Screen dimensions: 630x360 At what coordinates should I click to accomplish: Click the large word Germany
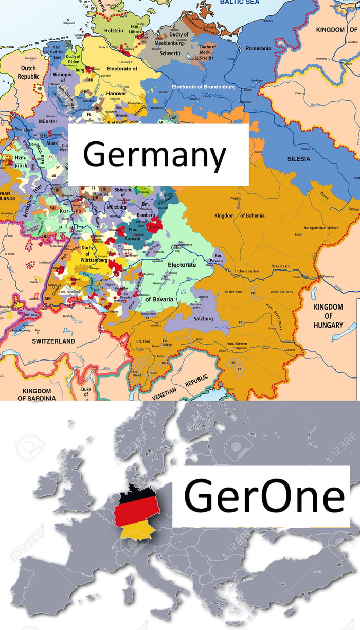(154, 154)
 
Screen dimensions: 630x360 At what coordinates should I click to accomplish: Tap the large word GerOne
(264, 497)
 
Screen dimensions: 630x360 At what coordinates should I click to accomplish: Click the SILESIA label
(299, 159)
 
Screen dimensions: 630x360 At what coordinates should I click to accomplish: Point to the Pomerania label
(258, 48)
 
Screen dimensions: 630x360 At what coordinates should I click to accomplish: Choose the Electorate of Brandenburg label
(204, 87)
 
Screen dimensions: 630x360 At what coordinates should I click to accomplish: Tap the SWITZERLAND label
(53, 341)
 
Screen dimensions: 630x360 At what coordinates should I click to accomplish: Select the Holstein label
(114, 31)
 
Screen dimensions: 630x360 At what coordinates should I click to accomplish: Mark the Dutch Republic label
(28, 72)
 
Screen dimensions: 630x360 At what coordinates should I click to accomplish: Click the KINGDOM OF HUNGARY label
(329, 316)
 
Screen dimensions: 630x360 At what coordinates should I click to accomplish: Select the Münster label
(48, 122)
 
